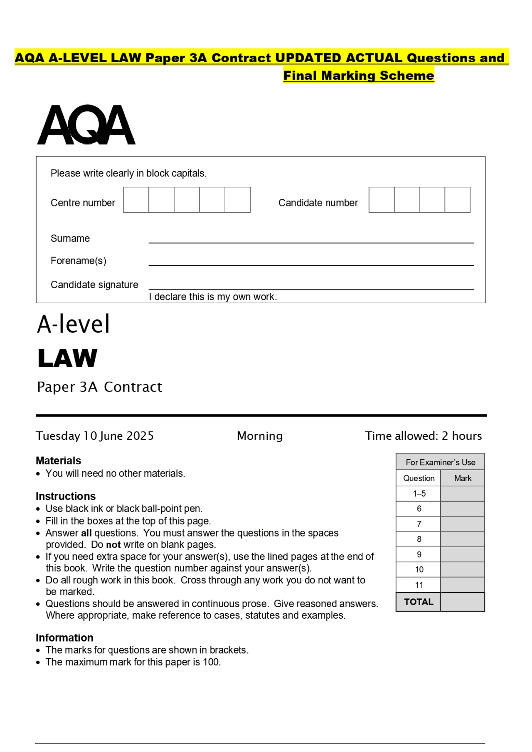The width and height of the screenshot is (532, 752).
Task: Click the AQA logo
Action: pyautogui.click(x=86, y=125)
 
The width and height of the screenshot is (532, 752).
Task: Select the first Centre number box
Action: pyautogui.click(x=136, y=200)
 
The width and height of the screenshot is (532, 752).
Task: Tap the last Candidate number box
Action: pyautogui.click(x=457, y=200)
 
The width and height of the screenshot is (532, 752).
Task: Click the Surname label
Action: pyautogui.click(x=70, y=238)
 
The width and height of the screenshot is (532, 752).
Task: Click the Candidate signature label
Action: pyautogui.click(x=94, y=285)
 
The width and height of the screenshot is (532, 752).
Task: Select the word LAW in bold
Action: pyautogui.click(x=67, y=358)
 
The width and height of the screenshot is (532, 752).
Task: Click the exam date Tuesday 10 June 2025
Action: pyautogui.click(x=95, y=436)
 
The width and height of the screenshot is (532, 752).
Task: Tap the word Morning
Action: pyautogui.click(x=260, y=436)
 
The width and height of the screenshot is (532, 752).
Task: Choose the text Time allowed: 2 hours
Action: pyautogui.click(x=423, y=436)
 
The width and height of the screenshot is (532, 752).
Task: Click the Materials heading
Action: pyautogui.click(x=58, y=461)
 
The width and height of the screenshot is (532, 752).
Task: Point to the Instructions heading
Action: pyautogui.click(x=66, y=496)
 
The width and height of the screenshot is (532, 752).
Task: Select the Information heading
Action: pyautogui.click(x=64, y=638)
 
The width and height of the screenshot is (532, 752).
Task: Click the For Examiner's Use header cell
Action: pyautogui.click(x=440, y=462)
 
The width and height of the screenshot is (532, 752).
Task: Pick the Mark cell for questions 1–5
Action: pyautogui.click(x=462, y=494)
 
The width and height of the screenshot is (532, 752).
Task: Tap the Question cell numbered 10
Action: pyautogui.click(x=419, y=570)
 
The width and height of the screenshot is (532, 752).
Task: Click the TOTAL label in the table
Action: pyautogui.click(x=419, y=602)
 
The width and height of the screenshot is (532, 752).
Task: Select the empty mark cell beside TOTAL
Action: pyautogui.click(x=462, y=602)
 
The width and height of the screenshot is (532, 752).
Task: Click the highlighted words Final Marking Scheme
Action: pyautogui.click(x=359, y=76)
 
